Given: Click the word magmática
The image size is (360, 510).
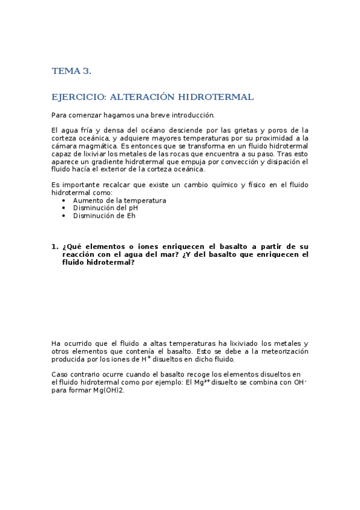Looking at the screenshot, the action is tap(95, 146).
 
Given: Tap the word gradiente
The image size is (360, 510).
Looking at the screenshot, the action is tap(101, 162).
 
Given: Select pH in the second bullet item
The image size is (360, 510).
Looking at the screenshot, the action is tap(135, 208).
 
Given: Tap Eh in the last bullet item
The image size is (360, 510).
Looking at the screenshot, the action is tap(130, 216).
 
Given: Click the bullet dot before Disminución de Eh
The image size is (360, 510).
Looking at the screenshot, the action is tap(64, 216).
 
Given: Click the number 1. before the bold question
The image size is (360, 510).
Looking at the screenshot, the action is tap(55, 247).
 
